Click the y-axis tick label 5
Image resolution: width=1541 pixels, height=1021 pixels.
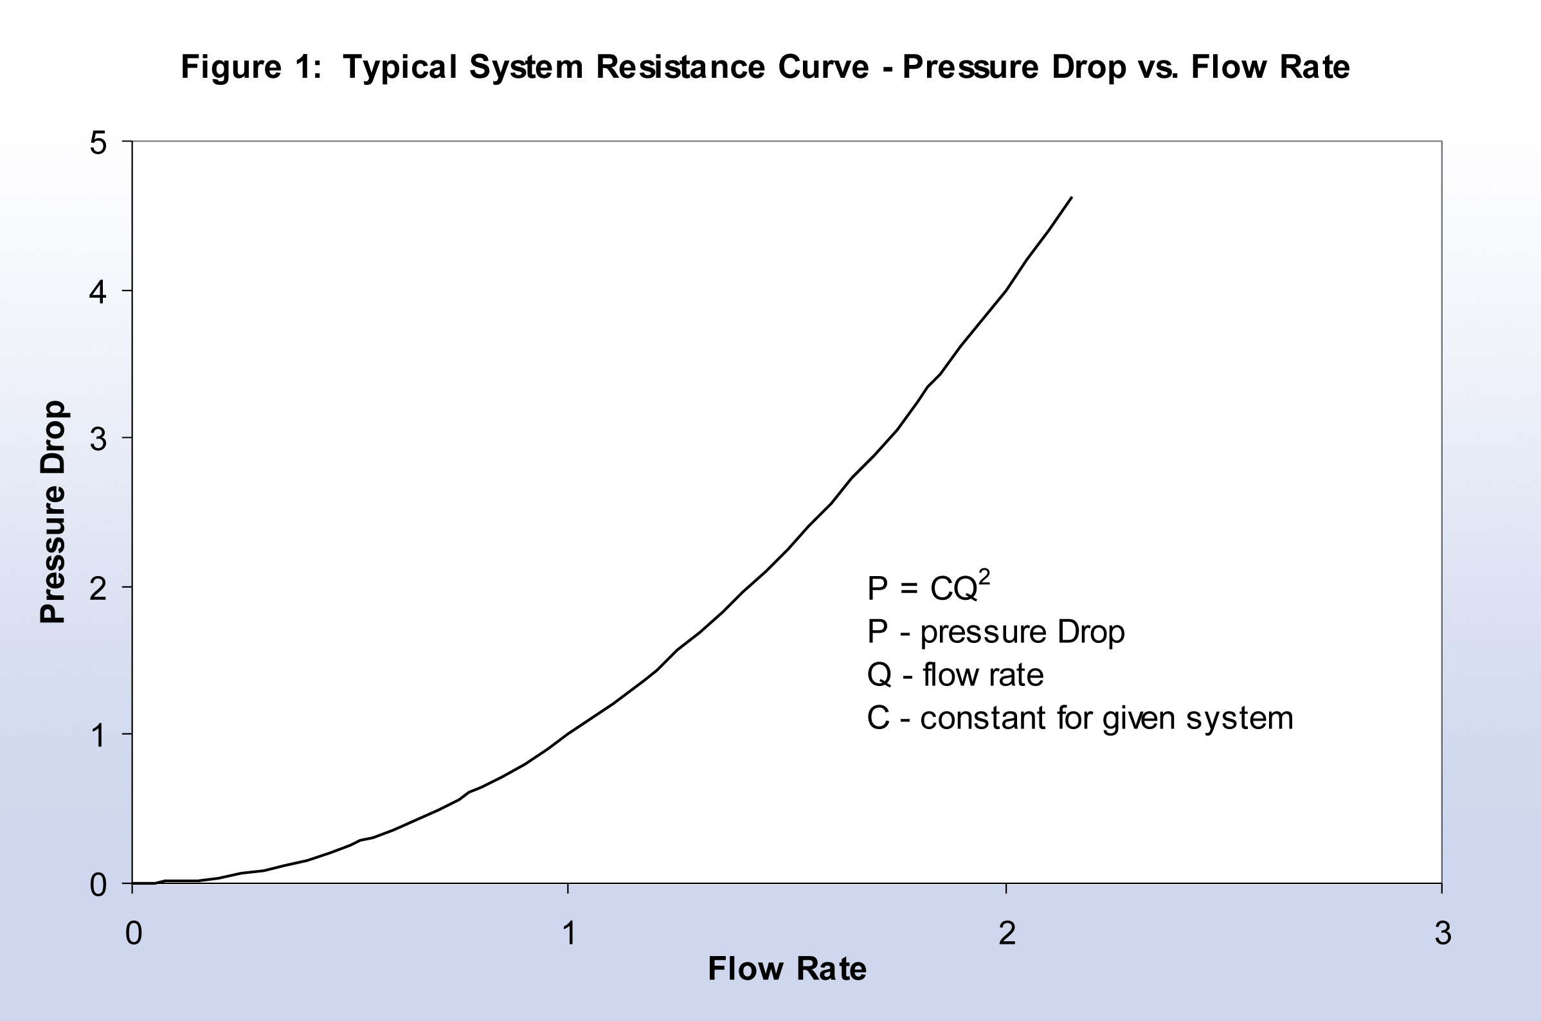point(98,143)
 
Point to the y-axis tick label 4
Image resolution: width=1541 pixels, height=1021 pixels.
point(98,293)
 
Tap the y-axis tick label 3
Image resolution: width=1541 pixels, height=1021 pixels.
point(98,440)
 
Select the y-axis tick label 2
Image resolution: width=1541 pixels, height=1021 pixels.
point(98,589)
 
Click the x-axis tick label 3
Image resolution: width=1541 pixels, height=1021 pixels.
point(1443,933)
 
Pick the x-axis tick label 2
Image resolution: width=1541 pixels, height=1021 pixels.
point(1007,933)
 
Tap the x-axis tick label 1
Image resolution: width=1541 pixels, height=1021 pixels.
point(569,933)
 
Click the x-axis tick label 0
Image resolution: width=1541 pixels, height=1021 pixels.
point(133,933)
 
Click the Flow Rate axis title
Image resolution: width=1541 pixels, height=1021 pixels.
point(786,968)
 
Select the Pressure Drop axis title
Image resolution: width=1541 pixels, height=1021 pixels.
point(53,512)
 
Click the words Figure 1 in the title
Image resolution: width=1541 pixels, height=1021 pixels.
point(251,67)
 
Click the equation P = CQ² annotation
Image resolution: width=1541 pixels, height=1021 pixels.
point(927,588)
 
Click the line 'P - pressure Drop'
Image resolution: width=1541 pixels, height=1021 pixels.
point(995,632)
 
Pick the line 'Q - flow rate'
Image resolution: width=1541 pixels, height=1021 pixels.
point(955,674)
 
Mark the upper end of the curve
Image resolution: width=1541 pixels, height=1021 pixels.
point(1072,197)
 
